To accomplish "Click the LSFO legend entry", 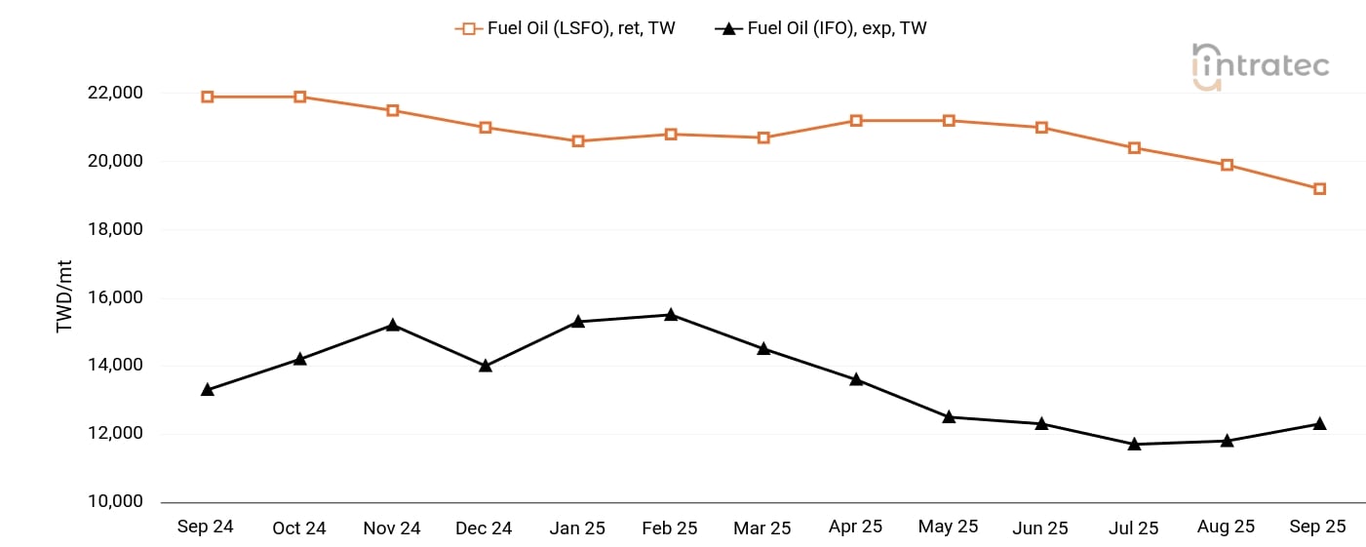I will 566,28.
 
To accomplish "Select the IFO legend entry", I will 821,28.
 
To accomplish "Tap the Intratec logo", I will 1260,66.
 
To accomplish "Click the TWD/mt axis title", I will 65,297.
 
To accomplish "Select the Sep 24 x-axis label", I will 206,527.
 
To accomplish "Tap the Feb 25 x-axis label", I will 670,527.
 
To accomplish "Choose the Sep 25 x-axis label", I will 1318,527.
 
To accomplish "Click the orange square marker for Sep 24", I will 208,97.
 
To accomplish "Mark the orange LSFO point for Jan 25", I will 578,141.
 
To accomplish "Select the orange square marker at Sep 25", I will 1319,189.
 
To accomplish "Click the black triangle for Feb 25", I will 671,314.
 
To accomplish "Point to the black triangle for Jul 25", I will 1134,444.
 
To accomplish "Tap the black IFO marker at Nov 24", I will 393,324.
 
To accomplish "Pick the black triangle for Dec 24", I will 486,366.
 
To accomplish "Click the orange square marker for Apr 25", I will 856,121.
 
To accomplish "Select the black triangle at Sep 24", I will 208,389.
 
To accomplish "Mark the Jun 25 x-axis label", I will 1040,527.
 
